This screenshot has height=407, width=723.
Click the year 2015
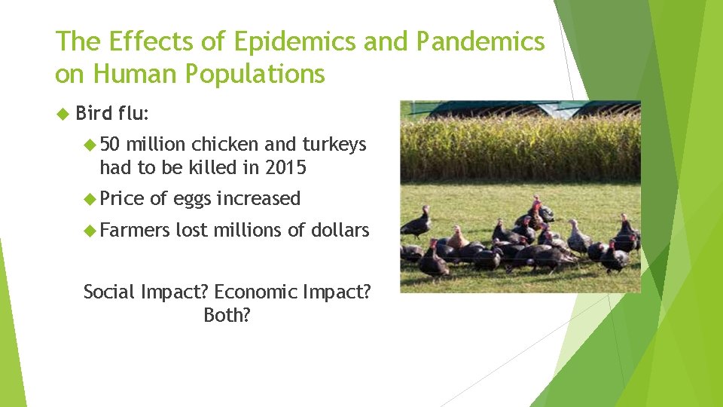[285, 167]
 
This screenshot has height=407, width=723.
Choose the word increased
[258, 199]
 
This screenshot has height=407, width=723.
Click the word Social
[108, 292]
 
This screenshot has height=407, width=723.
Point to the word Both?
[227, 315]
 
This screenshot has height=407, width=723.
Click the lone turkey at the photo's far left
[416, 222]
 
